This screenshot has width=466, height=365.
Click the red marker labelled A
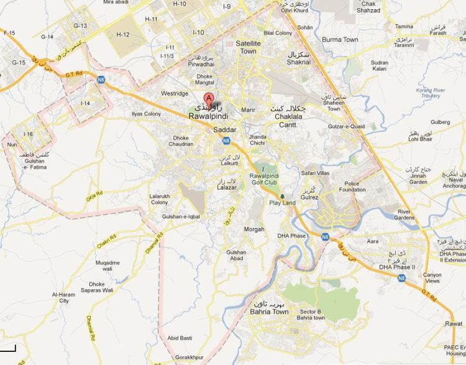209,98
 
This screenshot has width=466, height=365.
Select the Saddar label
225,130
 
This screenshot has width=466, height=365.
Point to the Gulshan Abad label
237,256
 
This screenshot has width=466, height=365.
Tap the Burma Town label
340,40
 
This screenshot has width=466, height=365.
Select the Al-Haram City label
63,297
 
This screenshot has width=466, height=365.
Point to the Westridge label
175,93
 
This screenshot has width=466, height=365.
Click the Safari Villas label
315,173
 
